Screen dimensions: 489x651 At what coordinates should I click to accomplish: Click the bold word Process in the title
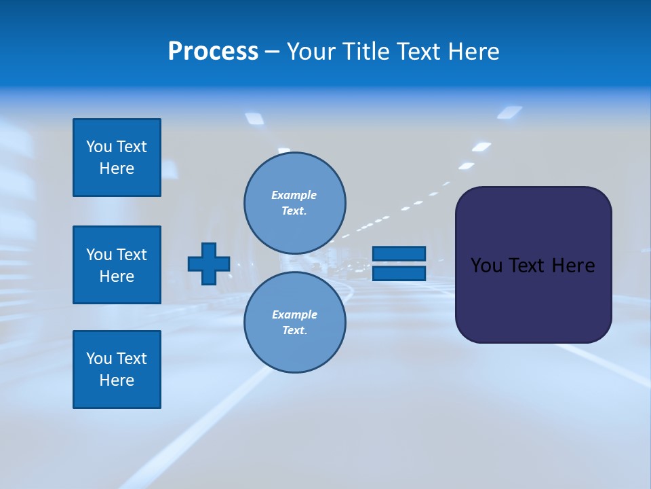click(213, 52)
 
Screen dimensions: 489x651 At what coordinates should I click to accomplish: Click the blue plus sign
click(209, 264)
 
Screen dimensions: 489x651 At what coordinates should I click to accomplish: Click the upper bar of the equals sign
click(399, 253)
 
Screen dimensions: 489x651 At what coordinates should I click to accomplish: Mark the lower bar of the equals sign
click(399, 273)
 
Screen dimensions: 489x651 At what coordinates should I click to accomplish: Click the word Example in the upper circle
click(294, 195)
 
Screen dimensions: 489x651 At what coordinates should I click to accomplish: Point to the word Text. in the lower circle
click(294, 331)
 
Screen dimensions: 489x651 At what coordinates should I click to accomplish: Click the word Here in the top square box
click(117, 168)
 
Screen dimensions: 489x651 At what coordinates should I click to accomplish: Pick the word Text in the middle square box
click(132, 255)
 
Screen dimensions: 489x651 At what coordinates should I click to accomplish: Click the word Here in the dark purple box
click(573, 266)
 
